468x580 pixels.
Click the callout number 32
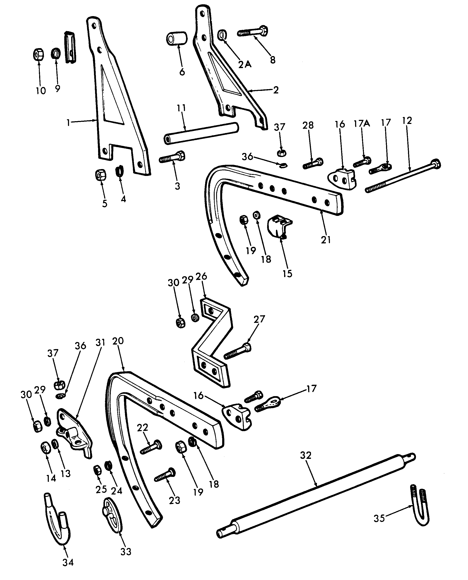tap(306, 455)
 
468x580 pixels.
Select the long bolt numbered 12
tap(403, 176)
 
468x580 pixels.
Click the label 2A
tap(245, 64)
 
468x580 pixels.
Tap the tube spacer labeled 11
tap(201, 133)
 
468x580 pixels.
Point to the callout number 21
tap(326, 240)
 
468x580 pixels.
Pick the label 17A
tap(362, 124)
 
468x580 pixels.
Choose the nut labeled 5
tap(101, 176)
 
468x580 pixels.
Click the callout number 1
tap(68, 123)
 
